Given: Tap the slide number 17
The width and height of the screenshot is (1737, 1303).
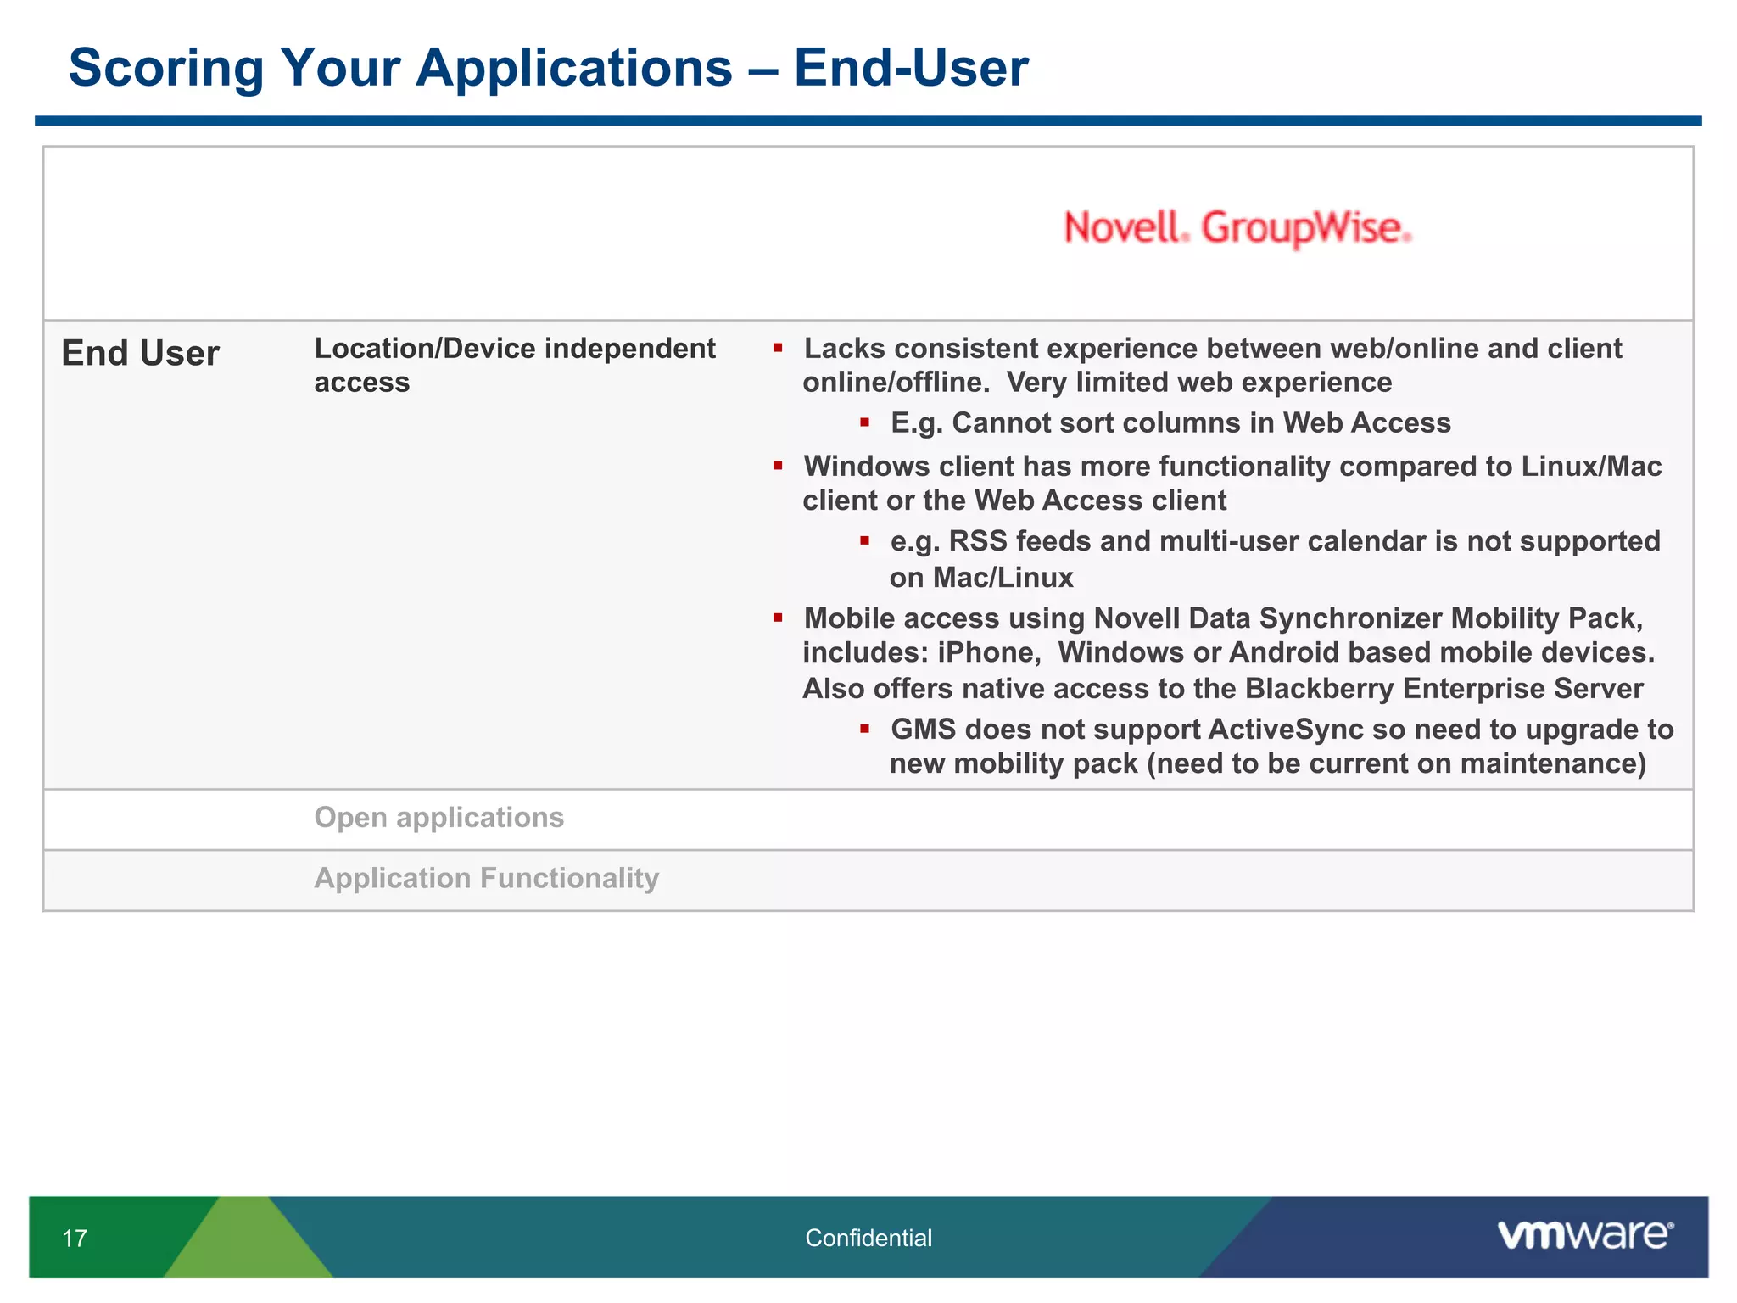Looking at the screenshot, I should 75,1239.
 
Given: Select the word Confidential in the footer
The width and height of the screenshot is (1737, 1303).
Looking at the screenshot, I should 868,1239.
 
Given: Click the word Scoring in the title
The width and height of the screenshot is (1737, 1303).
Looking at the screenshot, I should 166,68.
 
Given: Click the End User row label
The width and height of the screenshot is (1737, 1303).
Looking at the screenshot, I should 140,354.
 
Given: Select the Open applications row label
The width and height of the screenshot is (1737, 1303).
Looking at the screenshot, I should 438,818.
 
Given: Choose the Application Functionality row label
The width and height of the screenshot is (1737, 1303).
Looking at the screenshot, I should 486,878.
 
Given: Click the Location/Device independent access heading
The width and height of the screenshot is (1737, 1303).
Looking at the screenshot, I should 514,365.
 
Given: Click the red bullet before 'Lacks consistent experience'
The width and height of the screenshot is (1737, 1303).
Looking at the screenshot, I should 778,348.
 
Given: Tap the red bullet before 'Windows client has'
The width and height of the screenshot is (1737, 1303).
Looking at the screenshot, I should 778,466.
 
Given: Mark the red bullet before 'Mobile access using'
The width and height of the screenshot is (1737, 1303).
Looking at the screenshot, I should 778,618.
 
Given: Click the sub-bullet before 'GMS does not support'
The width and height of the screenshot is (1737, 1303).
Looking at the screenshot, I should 864,729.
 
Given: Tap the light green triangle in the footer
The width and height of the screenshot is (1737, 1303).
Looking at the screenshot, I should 248,1243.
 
